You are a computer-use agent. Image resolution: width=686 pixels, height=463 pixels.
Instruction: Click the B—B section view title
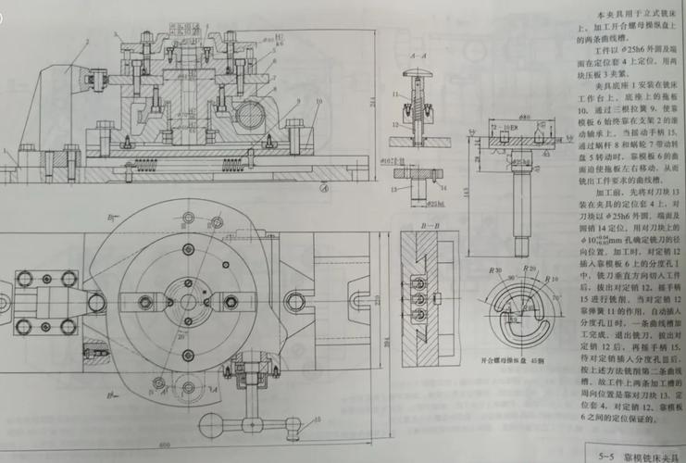[428, 225]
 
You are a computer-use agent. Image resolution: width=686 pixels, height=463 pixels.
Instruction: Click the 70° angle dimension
[559, 299]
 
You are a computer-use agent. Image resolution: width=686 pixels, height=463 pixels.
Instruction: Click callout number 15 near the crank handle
[318, 419]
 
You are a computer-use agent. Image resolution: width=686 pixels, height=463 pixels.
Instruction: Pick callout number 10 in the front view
[318, 99]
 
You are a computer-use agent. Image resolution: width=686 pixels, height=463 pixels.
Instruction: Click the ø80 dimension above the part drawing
[524, 118]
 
